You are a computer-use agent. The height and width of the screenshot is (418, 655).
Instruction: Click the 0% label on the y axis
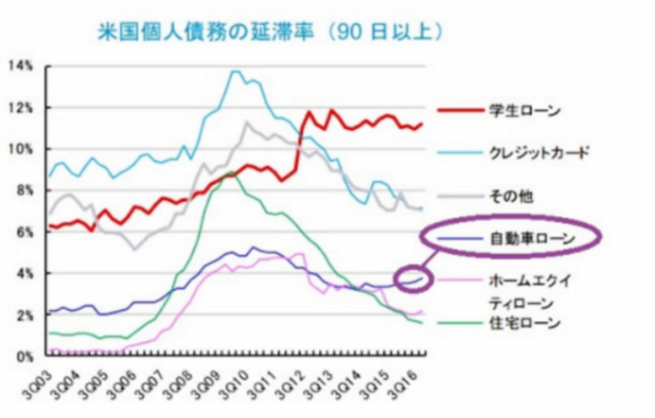[25, 357]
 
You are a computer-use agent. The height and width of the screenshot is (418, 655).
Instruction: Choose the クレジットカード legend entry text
[539, 153]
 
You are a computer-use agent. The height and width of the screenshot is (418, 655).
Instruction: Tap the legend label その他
[511, 196]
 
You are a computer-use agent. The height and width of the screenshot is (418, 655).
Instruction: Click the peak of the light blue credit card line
[236, 72]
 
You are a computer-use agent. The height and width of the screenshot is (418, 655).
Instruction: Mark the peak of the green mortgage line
[232, 172]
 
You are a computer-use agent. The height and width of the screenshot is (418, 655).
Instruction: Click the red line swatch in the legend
[461, 110]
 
